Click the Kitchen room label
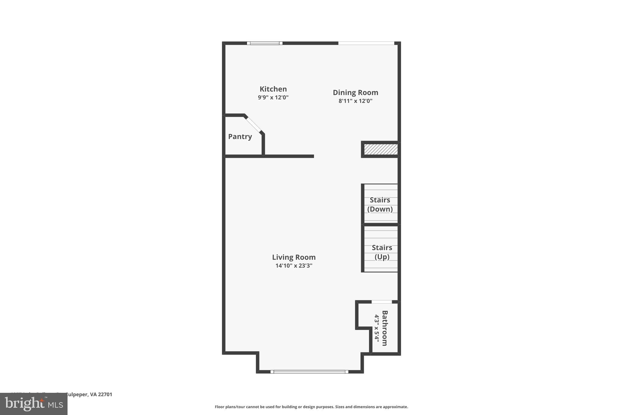(x=273, y=89)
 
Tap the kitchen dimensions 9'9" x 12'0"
(x=273, y=98)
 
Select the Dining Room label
(x=355, y=92)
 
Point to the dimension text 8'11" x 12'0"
(x=355, y=101)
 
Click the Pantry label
(x=240, y=137)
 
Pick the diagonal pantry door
(x=254, y=124)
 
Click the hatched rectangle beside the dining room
(x=381, y=149)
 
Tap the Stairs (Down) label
(x=380, y=204)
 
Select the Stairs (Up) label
(x=382, y=252)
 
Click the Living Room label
(x=294, y=257)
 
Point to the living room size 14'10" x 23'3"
(x=294, y=266)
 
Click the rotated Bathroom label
(x=385, y=328)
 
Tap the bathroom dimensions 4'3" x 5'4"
(x=377, y=328)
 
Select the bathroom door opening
(x=381, y=302)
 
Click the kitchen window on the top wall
(x=265, y=43)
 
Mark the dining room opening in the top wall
(x=366, y=43)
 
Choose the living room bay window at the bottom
(x=309, y=372)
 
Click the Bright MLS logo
(x=34, y=404)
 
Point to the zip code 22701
(x=105, y=394)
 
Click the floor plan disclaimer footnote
(x=311, y=407)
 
